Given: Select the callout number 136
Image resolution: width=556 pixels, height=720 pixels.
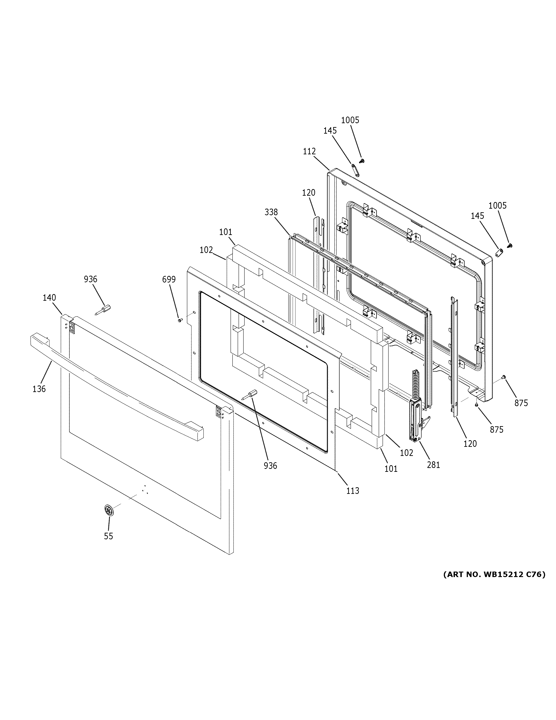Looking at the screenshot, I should coord(39,389).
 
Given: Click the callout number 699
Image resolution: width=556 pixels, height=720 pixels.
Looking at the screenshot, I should coord(169,280).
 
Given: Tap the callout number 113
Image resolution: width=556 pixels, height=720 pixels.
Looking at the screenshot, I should coord(352,491).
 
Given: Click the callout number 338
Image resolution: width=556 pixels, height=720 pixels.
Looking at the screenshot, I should coord(271,212).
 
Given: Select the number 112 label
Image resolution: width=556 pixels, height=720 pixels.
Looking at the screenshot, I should coord(309,151).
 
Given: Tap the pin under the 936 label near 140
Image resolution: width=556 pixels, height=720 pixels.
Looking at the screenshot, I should coord(103,310).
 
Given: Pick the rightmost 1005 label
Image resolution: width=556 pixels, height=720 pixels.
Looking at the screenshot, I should coord(497,206).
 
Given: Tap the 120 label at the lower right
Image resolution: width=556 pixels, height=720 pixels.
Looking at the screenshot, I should coord(470,444).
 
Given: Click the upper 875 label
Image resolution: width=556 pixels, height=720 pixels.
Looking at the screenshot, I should coord(521,403).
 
